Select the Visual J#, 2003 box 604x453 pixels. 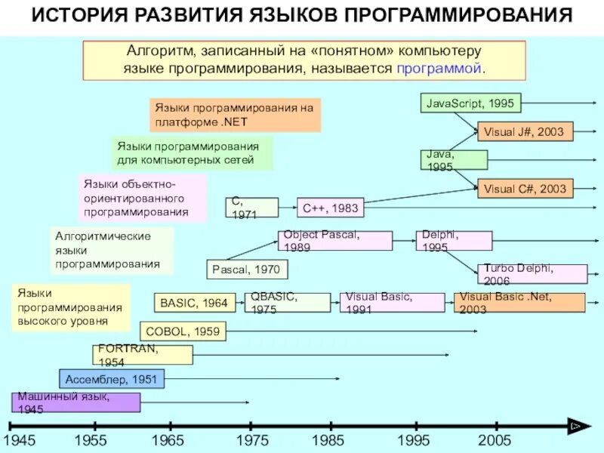pyautogui.click(x=525, y=132)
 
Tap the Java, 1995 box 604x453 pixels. pyautogui.click(x=453, y=160)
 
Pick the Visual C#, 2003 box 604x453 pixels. pyautogui.click(x=525, y=189)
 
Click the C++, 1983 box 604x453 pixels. pyautogui.click(x=329, y=208)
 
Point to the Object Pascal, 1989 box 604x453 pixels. pyautogui.click(x=335, y=241)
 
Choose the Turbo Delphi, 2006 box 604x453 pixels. pyautogui.click(x=532, y=273)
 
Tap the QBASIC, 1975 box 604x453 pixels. pyautogui.click(x=288, y=303)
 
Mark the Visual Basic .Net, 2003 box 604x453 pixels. pyautogui.click(x=519, y=303)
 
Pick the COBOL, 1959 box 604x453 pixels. pyautogui.click(x=183, y=331)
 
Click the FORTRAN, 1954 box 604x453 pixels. pyautogui.click(x=143, y=355)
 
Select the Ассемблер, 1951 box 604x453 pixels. pyautogui.click(x=112, y=379)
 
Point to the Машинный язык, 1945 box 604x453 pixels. pyautogui.click(x=75, y=402)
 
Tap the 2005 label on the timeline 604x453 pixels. pyautogui.click(x=495, y=440)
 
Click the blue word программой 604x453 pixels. pyautogui.click(x=438, y=69)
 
